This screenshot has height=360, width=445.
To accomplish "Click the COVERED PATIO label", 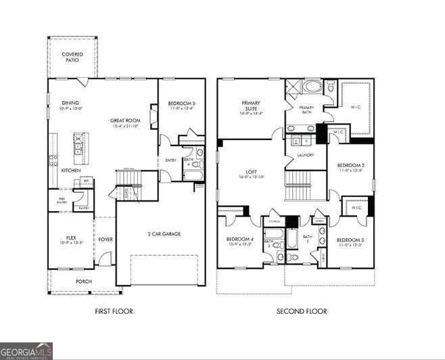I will [x=72, y=57].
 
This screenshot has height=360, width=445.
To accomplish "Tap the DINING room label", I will [x=71, y=103].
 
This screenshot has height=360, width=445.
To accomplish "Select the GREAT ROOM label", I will [x=125, y=120].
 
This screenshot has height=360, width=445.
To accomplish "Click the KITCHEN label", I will [x=71, y=171].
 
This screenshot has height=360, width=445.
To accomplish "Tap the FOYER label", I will [x=105, y=238].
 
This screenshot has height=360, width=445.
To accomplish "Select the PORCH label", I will [x=84, y=281].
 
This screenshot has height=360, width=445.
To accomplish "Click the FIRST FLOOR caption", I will [x=113, y=311].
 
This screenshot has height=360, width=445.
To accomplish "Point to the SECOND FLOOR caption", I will [x=302, y=311].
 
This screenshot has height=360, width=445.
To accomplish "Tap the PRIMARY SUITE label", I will [x=251, y=106].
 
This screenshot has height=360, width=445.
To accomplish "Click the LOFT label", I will [x=251, y=173].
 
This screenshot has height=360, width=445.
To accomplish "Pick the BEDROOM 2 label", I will [x=350, y=165].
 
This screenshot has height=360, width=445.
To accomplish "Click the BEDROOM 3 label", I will [x=350, y=240].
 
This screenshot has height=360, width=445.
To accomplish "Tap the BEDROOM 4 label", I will [x=239, y=240].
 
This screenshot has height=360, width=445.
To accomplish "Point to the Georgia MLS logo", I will [x=26, y=351].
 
